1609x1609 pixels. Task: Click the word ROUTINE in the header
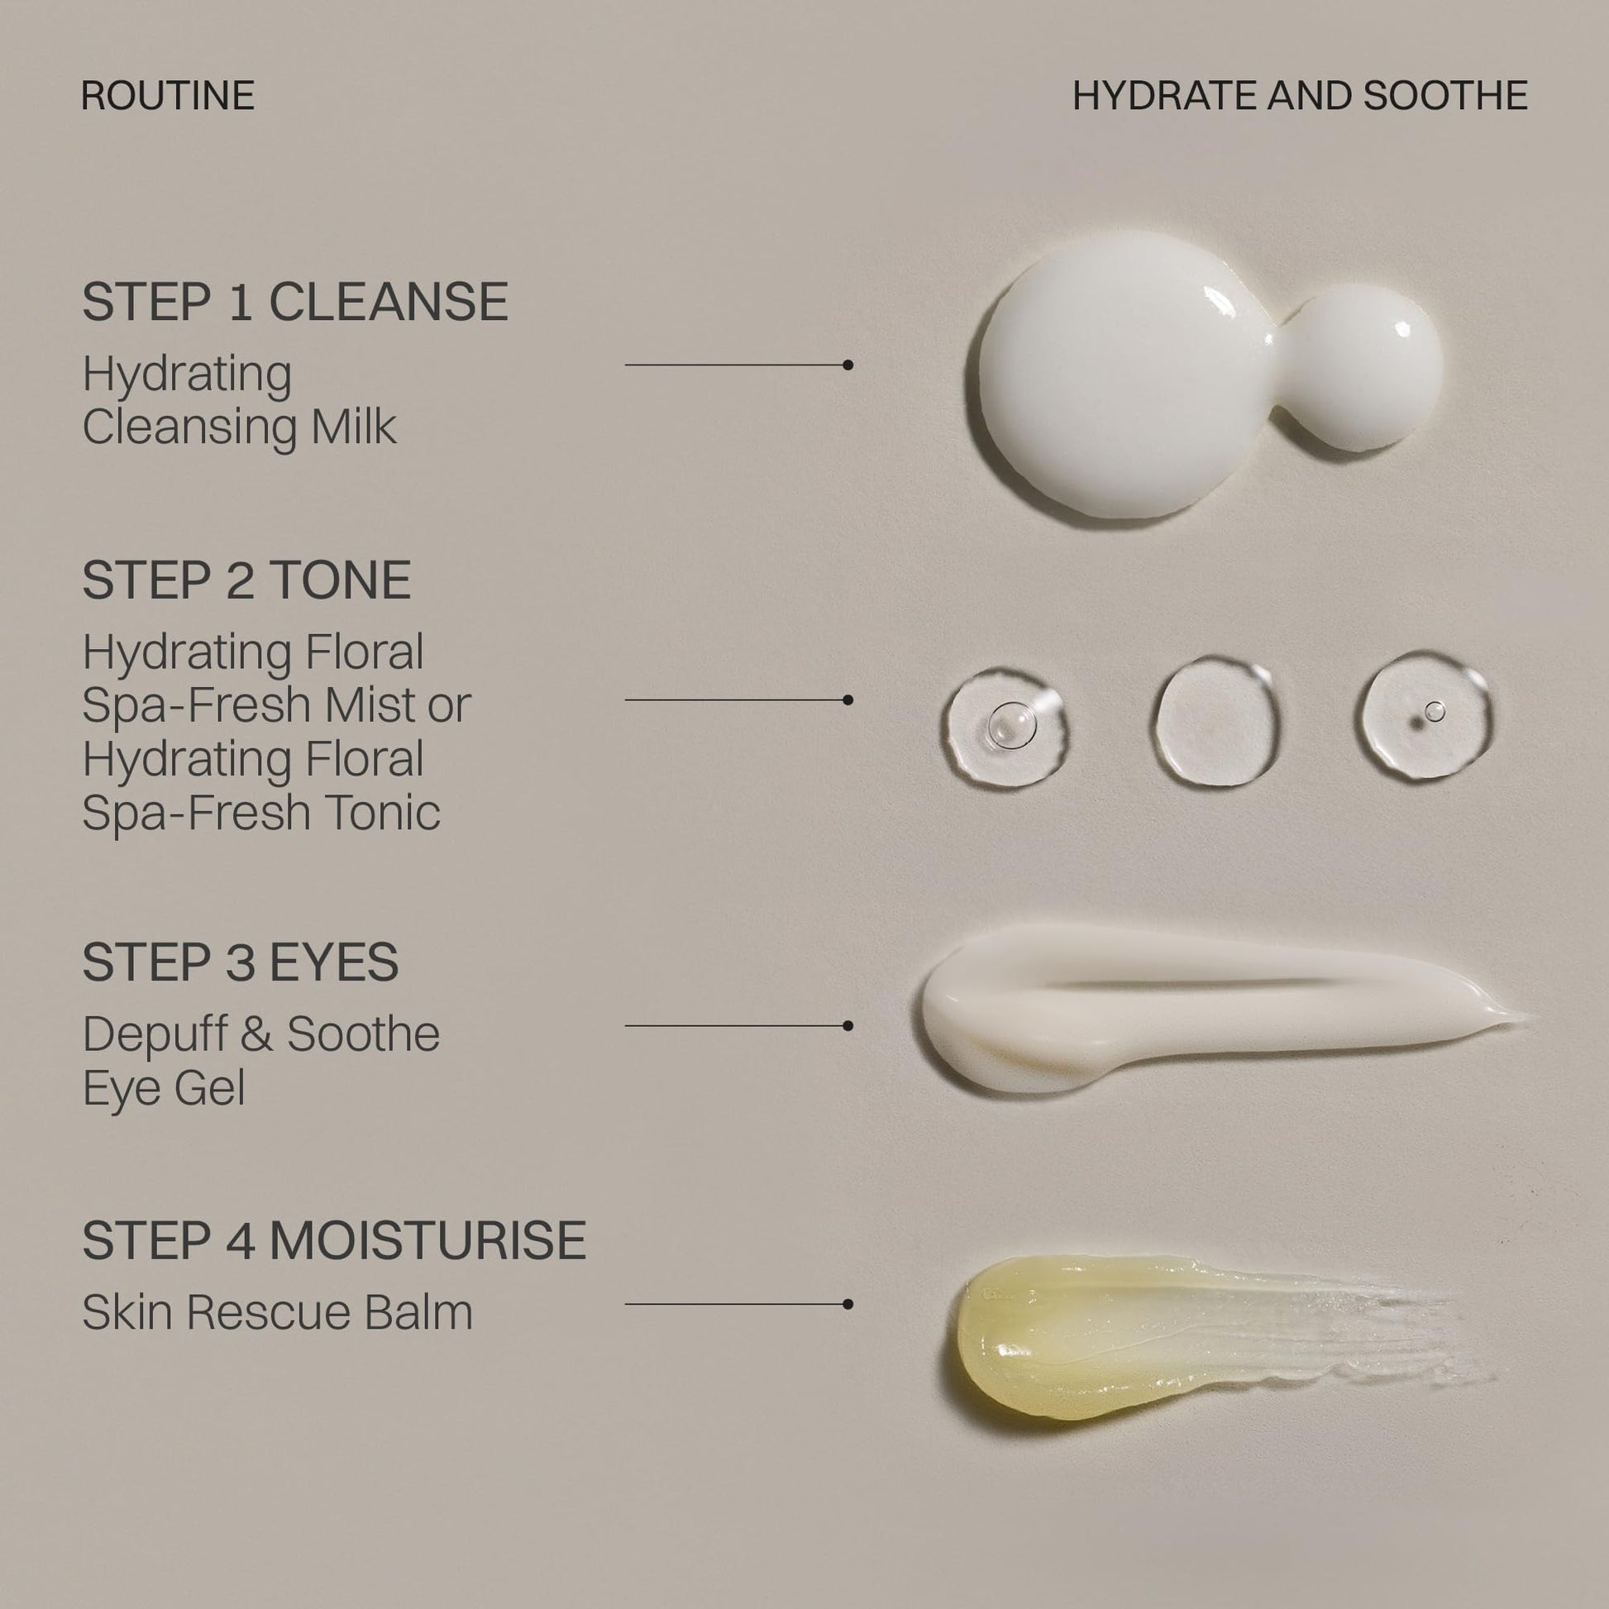click(x=168, y=96)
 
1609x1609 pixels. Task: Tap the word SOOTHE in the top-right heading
click(x=1446, y=96)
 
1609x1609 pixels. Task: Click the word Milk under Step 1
click(x=354, y=427)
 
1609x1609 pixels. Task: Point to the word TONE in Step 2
click(x=340, y=580)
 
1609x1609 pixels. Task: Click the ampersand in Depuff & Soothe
click(x=257, y=1034)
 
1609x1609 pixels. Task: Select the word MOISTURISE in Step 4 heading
click(x=428, y=1240)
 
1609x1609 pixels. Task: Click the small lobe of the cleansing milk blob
click(x=1363, y=368)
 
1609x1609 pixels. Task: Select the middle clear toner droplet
click(x=1216, y=721)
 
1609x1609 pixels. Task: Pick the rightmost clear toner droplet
click(x=1425, y=716)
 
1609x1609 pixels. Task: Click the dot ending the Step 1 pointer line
click(x=847, y=365)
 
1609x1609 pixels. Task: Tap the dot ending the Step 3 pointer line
click(x=847, y=1026)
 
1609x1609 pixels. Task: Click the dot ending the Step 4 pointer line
click(x=847, y=1304)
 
